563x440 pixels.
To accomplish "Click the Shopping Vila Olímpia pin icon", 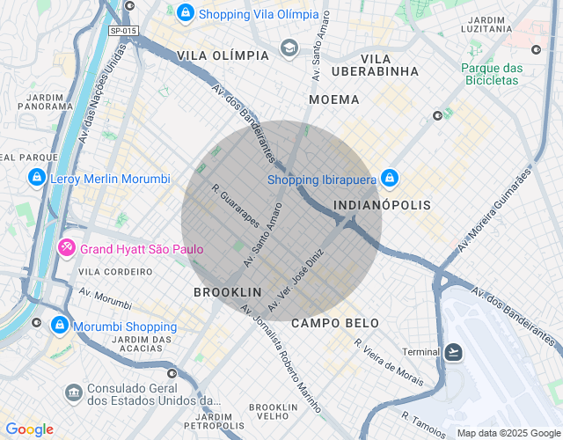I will [186, 13].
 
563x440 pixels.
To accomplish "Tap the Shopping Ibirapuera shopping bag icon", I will [391, 180].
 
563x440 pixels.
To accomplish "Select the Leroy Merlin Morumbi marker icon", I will [36, 179].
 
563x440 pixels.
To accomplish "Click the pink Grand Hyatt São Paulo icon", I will [66, 249].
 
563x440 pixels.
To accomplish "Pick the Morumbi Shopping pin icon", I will [59, 326].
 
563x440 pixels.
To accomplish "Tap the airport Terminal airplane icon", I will [453, 352].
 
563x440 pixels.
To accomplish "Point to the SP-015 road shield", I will [124, 31].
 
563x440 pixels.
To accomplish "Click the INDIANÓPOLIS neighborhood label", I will [384, 205].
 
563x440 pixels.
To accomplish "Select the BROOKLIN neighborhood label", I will [227, 291].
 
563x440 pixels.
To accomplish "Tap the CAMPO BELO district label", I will [334, 323].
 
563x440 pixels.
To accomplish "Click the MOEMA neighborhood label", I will [333, 99].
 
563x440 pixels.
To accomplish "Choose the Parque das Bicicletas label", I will [492, 75].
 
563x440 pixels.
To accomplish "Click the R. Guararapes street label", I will [235, 205].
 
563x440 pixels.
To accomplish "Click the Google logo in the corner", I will [29, 429].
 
